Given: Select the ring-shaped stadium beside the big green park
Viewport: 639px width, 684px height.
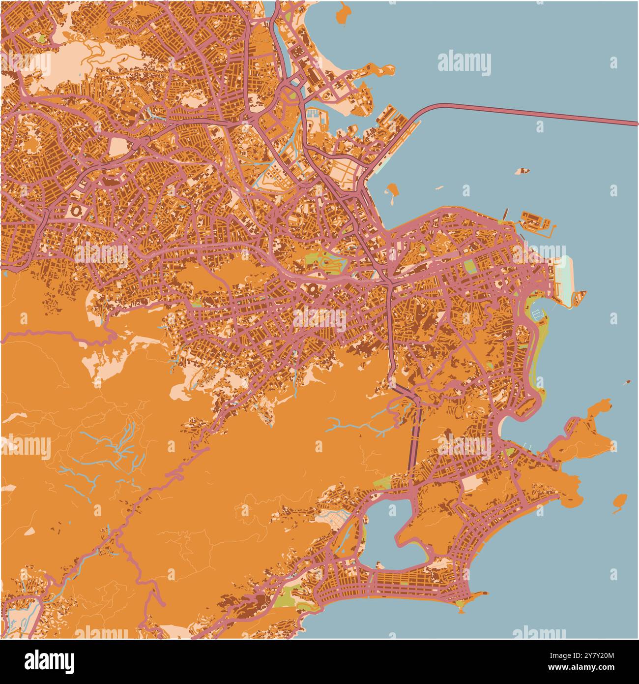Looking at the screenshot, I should click(313, 290).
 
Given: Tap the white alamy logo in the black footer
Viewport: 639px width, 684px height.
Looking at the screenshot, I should click(49, 660).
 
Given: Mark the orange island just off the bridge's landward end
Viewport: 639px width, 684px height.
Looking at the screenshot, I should click(392, 193).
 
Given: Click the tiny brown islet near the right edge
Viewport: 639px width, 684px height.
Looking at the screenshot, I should click(627, 382).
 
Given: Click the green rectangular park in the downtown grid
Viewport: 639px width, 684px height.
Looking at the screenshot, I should click(469, 267).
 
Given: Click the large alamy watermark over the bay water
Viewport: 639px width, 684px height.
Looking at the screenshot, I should click(464, 64).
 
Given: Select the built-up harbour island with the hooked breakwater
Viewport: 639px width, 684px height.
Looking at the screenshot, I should click(536, 221).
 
